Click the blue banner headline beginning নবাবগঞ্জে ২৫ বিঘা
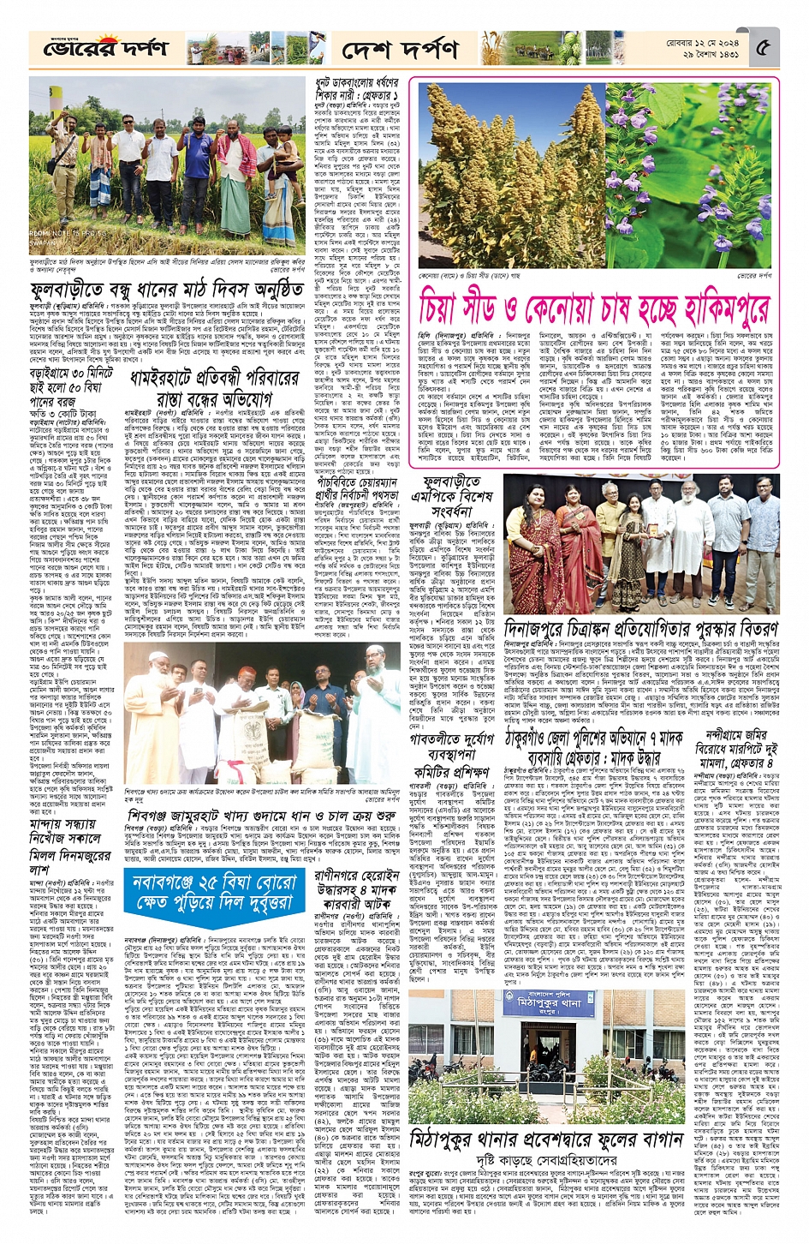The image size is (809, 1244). pyautogui.click(x=214, y=889)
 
